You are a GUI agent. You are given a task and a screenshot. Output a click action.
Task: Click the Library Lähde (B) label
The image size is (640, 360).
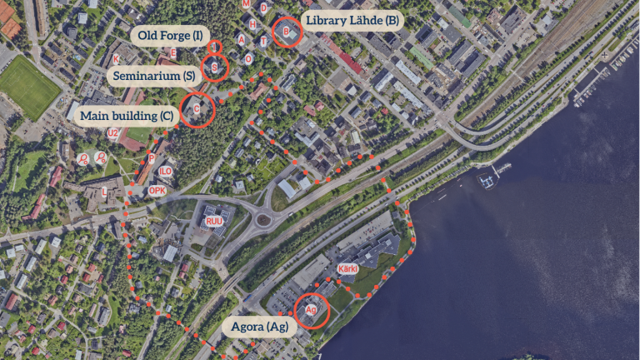tap(352, 20)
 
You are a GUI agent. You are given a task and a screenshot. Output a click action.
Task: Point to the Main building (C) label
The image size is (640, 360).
tap(127, 114)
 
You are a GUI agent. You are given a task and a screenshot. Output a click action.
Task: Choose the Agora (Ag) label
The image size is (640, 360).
tap(261, 327)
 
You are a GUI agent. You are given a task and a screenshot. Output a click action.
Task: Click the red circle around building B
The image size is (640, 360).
tap(287, 32)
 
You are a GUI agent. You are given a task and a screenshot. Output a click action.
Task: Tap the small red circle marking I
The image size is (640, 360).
tap(214, 47)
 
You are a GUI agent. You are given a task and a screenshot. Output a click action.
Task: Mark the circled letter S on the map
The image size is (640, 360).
tap(215, 67)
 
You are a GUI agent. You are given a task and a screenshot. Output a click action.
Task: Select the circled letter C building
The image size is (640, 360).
tap(197, 109)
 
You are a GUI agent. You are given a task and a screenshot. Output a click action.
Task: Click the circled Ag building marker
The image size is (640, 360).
tap(312, 309)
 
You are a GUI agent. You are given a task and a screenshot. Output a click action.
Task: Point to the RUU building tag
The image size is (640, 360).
tap(214, 221)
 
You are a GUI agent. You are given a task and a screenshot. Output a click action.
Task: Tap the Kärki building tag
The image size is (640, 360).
tap(347, 269)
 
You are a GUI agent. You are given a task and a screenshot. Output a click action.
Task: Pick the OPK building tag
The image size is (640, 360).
tap(157, 190)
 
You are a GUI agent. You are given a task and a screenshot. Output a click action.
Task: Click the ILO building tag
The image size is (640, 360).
tap(166, 171)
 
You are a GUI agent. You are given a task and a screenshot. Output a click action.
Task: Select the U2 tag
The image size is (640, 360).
tap(112, 132)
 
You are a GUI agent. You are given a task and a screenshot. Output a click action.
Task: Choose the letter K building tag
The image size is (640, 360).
tap(116, 58)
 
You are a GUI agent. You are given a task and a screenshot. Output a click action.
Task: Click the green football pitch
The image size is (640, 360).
tap(29, 86)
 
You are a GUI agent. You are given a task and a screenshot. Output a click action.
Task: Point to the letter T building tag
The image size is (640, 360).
tap(263, 41)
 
